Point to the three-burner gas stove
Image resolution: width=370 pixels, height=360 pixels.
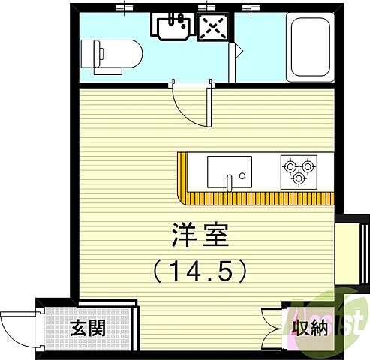tap(296, 171)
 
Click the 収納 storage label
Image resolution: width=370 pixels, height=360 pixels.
tap(308, 328)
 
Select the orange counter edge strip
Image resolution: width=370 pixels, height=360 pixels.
tap(255, 198)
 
